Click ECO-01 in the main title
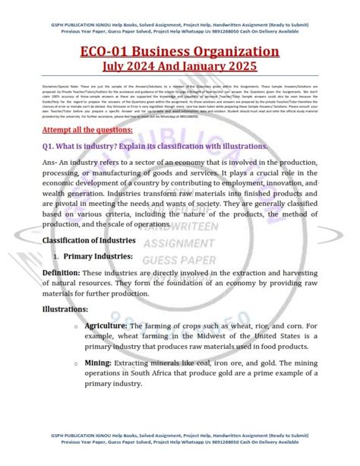pyautogui.click(x=103, y=52)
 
